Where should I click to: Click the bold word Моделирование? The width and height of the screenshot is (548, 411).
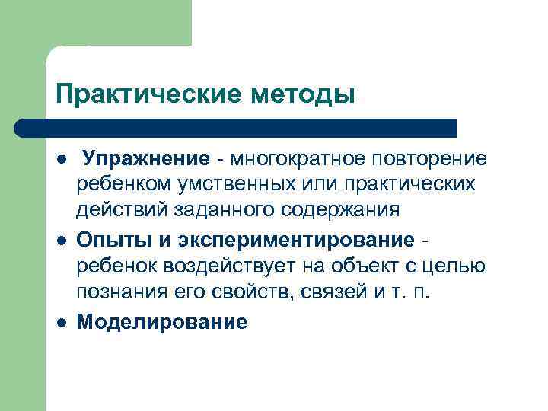click(162, 322)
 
